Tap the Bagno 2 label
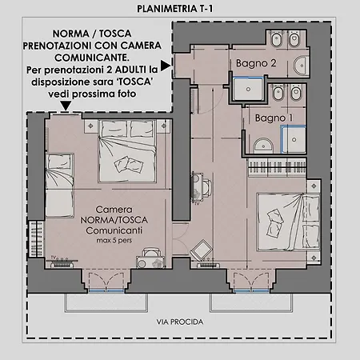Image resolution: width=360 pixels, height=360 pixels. [x=256, y=63]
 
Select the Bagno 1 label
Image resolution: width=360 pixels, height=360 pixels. [x=274, y=118]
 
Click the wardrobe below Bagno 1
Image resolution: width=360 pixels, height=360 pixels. [x=278, y=168]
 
